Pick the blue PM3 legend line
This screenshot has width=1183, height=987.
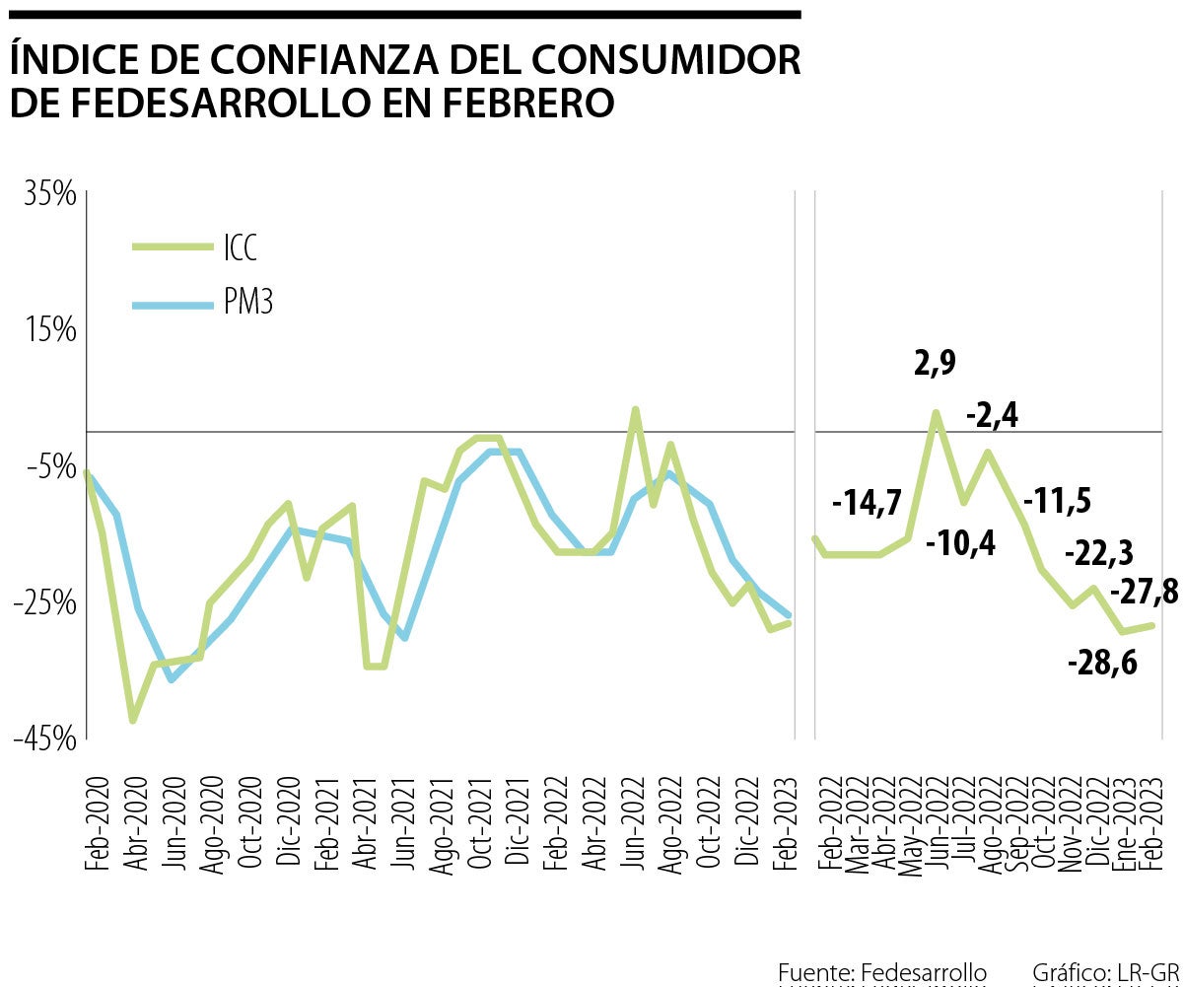pos(173,304)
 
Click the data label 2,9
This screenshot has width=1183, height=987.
pos(935,363)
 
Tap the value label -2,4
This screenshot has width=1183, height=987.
pos(992,415)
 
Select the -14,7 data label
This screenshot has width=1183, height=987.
pos(867,503)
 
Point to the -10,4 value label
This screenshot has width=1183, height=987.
pos(960,541)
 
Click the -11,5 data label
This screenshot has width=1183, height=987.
pos(1057,501)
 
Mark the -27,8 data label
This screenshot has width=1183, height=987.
pos(1144,593)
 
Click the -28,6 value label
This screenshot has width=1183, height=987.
pos(1102,662)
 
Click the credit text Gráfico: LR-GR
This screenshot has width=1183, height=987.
pos(1105,971)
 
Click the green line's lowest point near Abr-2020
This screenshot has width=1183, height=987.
pos(132,720)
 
